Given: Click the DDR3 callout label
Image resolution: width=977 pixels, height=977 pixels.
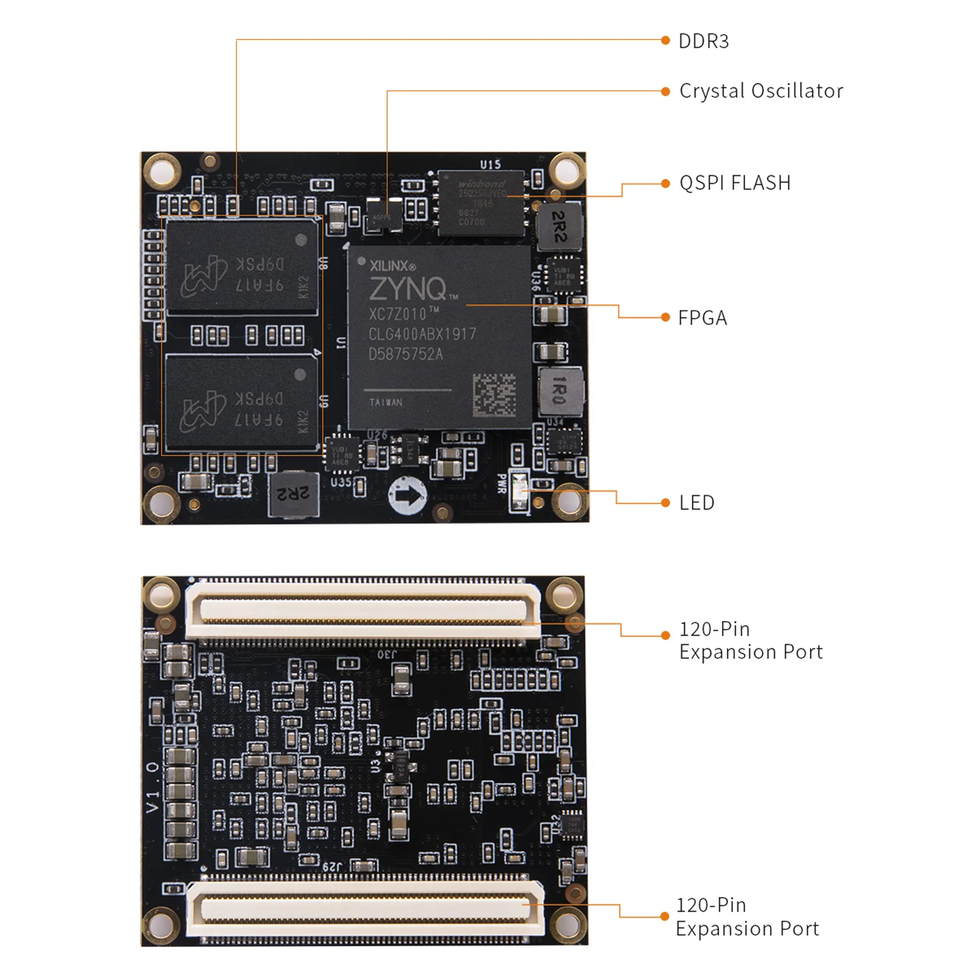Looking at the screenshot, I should (x=703, y=41).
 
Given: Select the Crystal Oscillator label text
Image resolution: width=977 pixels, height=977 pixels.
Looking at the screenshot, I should (x=761, y=91).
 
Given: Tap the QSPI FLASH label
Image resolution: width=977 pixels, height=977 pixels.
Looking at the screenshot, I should (x=735, y=183).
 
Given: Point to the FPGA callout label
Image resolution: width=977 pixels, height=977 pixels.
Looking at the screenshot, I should (x=702, y=318).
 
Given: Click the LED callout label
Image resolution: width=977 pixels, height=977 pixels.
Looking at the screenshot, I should (x=697, y=503).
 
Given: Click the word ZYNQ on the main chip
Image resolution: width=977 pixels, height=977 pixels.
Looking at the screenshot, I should (x=408, y=289).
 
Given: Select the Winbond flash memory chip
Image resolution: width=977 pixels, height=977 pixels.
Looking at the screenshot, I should (x=481, y=202).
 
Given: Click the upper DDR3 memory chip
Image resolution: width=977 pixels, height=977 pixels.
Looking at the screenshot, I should (x=242, y=267).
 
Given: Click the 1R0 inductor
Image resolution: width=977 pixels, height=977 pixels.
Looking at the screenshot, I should (x=559, y=390).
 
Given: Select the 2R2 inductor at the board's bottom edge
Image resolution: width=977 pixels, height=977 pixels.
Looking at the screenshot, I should (x=294, y=493).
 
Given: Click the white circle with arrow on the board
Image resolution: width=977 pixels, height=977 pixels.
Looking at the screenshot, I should (x=407, y=495).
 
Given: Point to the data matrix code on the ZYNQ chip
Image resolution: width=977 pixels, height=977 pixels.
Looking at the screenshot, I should (x=494, y=395).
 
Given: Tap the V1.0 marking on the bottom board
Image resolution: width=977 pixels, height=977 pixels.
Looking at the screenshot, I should (x=153, y=787).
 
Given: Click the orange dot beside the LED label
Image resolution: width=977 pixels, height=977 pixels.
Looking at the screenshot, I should (x=665, y=503).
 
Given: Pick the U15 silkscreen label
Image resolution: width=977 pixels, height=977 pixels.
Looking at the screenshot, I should (x=490, y=164).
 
